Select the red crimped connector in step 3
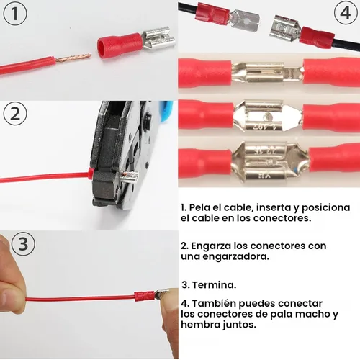point(143,295)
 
